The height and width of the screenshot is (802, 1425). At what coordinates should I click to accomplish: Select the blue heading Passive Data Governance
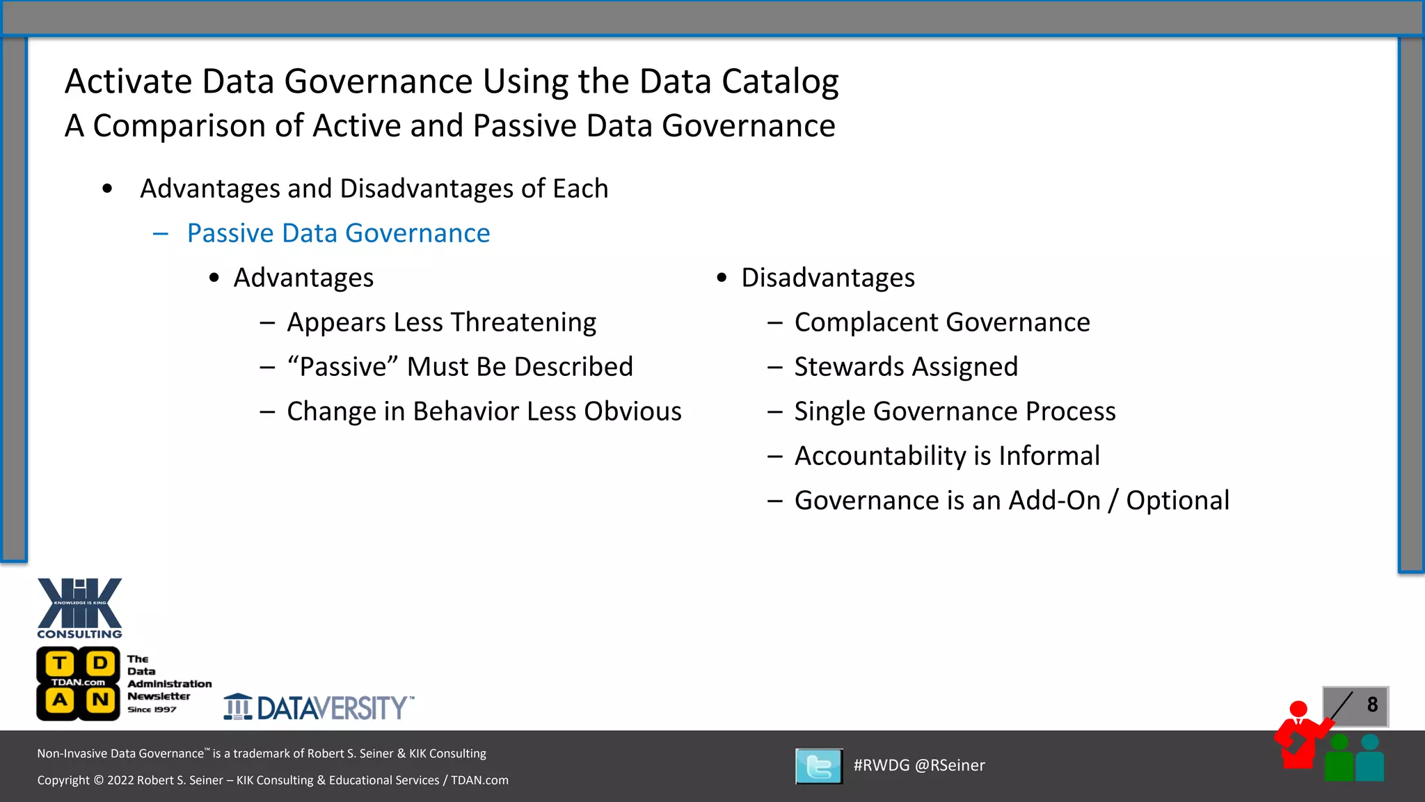[x=338, y=233]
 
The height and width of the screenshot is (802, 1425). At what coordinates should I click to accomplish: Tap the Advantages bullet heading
[x=303, y=278]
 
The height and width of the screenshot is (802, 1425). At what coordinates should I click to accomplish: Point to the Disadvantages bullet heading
[x=827, y=278]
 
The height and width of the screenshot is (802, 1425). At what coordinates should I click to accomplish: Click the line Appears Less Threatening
[x=441, y=322]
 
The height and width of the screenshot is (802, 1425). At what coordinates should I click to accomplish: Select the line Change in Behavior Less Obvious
[x=484, y=411]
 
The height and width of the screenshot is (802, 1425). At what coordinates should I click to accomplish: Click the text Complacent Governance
[x=941, y=322]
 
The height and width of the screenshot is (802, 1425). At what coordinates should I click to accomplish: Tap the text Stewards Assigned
[x=905, y=367]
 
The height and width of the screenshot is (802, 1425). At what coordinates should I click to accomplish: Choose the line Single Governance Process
[x=955, y=411]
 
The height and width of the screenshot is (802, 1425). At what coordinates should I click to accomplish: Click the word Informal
[x=1049, y=456]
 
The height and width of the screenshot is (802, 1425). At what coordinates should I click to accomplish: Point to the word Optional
[x=1177, y=501]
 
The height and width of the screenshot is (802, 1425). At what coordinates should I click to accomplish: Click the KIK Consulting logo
[x=79, y=607]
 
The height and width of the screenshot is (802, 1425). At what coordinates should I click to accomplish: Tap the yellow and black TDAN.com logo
[x=78, y=683]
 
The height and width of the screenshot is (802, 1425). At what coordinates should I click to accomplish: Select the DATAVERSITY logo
[x=319, y=707]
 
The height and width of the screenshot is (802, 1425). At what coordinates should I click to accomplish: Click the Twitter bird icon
[x=819, y=766]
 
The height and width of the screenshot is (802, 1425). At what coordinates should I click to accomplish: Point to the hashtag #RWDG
[x=881, y=765]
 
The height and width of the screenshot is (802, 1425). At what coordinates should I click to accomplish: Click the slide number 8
[x=1371, y=705]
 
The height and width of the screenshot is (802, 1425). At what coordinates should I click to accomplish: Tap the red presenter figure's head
[x=1298, y=709]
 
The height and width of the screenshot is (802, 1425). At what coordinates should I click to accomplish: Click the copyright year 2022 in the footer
[x=120, y=780]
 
